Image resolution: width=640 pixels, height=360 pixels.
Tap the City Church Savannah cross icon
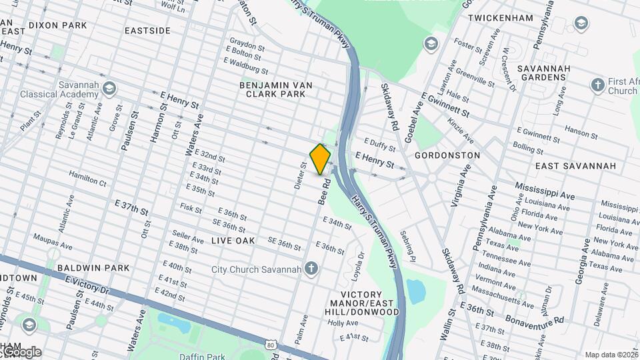(x=310, y=269)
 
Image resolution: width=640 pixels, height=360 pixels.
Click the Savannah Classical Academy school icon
(x=109, y=88)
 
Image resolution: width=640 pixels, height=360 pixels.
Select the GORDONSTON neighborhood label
(x=447, y=155)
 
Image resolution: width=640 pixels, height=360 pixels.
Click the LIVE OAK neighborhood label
(x=233, y=240)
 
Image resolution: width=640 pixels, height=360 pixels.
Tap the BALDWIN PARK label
(x=93, y=268)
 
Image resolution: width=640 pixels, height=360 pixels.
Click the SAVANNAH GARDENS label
(x=546, y=73)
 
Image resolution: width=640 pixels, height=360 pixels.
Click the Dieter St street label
(x=300, y=175)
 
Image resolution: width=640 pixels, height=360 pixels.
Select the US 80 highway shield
(x=269, y=344)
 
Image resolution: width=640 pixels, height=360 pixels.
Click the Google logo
(x=21, y=352)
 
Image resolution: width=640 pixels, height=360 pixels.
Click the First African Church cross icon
(x=597, y=85)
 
